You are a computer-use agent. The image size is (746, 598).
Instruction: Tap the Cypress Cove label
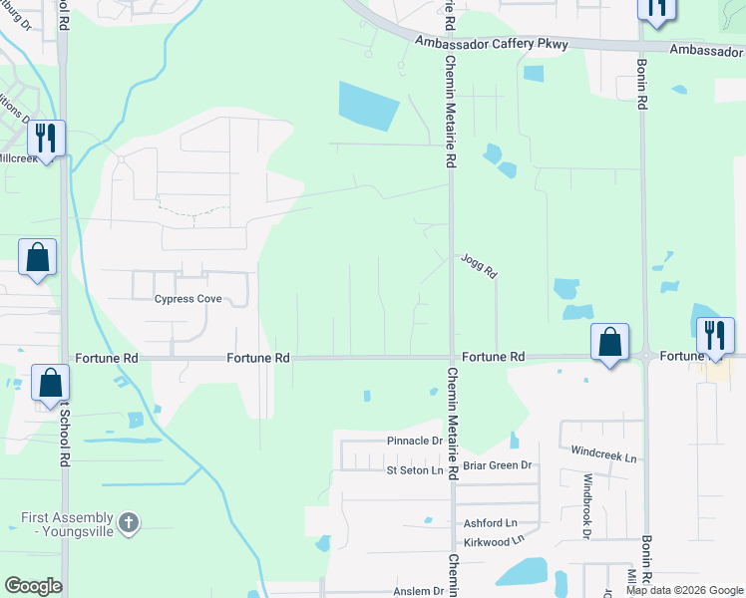[x=186, y=299]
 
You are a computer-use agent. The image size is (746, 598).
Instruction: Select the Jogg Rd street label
[x=479, y=265]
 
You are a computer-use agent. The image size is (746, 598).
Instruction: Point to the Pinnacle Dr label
[x=415, y=441]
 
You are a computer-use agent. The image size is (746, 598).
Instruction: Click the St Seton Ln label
[x=414, y=470]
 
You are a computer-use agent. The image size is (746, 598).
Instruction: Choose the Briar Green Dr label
[x=498, y=465]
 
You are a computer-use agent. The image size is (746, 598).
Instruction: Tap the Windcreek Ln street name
[x=603, y=455]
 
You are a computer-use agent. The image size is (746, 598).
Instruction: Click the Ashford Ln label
[x=490, y=522]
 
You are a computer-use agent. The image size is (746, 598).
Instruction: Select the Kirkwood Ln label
[x=494, y=540]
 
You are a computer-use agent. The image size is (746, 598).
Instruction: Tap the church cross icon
[x=128, y=522]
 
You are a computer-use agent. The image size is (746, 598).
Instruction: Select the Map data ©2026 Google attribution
[x=684, y=590]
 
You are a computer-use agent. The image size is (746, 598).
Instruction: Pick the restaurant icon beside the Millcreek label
[x=46, y=138]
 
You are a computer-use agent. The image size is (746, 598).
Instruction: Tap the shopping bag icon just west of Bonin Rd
[x=608, y=342]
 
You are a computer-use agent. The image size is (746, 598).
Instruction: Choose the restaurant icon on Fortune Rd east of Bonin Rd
[x=715, y=334]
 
